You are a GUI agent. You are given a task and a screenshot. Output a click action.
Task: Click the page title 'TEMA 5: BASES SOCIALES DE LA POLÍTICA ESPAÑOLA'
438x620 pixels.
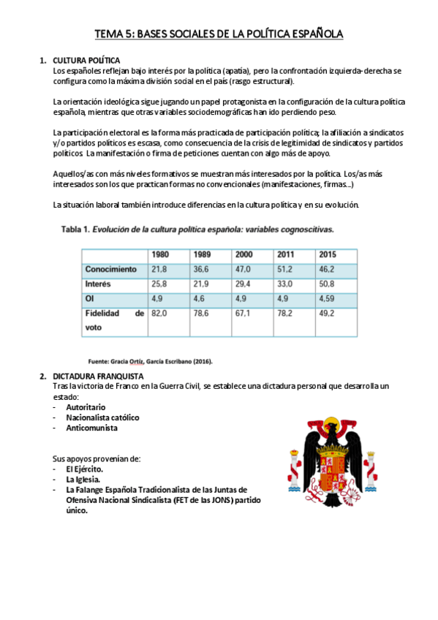click(x=219, y=34)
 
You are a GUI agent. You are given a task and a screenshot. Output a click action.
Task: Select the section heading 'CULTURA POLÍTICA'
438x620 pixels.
click(x=86, y=60)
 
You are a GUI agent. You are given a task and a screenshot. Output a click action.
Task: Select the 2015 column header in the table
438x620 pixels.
click(x=327, y=254)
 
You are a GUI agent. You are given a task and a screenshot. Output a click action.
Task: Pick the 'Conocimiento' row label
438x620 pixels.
click(x=110, y=269)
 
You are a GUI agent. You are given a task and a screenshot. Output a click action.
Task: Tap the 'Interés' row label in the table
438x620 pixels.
click(x=98, y=284)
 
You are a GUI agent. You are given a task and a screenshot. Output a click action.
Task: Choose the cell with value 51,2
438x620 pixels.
click(x=284, y=269)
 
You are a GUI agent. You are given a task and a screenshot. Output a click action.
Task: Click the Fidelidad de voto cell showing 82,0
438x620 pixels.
click(x=159, y=313)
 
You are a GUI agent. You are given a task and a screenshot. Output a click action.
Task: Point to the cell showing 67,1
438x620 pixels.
click(x=243, y=313)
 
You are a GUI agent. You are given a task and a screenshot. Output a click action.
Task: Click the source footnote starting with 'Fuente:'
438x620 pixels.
click(x=150, y=361)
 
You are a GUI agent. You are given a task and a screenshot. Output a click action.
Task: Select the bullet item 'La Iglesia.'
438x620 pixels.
click(x=83, y=480)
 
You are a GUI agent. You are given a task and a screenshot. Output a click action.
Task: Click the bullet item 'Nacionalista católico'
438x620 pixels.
click(x=102, y=417)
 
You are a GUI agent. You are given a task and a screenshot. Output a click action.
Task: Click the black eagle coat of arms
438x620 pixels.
click(x=326, y=458)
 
